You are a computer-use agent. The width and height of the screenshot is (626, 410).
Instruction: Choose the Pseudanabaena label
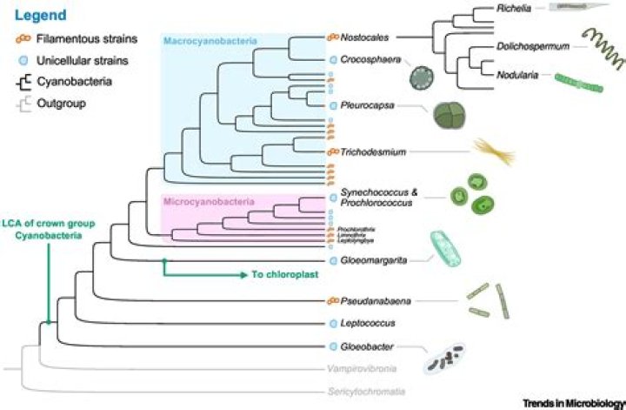coord(377,301)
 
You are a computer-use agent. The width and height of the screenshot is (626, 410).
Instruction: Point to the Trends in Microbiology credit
coord(574,404)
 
